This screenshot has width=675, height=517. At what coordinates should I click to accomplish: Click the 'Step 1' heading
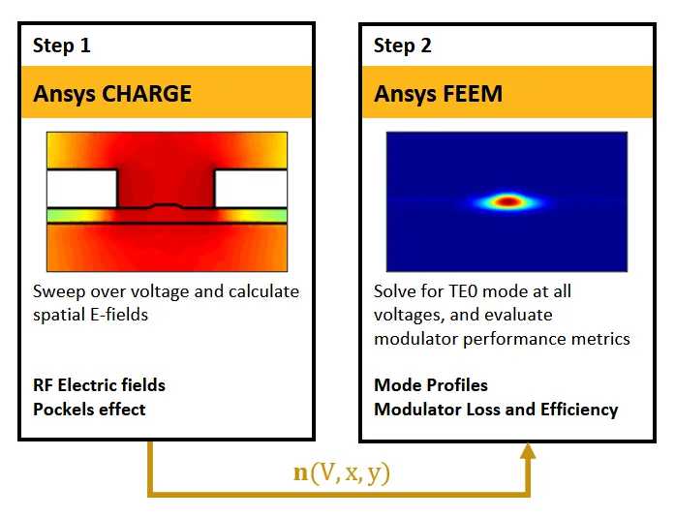[x=62, y=46]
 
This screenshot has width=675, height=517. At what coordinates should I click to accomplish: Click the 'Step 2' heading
[x=403, y=46]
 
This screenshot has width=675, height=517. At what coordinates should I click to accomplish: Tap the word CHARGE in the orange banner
[x=147, y=93]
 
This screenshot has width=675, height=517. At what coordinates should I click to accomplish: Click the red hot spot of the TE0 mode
[x=508, y=201]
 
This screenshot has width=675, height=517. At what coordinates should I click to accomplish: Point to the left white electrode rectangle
[x=81, y=189]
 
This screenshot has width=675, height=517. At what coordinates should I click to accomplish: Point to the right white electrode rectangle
[x=251, y=189]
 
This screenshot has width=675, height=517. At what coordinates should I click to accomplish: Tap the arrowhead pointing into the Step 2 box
[x=528, y=450]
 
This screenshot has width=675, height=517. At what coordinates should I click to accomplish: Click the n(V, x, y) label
[x=342, y=472]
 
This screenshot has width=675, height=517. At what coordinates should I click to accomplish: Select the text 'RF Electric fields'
[x=99, y=385]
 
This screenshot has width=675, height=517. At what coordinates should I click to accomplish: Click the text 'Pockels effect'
[x=89, y=410]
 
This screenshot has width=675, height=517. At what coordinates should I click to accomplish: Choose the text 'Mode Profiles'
[x=431, y=385]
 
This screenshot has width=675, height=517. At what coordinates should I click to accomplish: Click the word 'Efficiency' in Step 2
[x=579, y=410]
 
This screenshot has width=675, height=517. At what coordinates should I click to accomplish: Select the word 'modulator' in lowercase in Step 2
[x=415, y=339]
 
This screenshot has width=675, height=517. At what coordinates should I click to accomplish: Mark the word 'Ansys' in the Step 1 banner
[x=64, y=94]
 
